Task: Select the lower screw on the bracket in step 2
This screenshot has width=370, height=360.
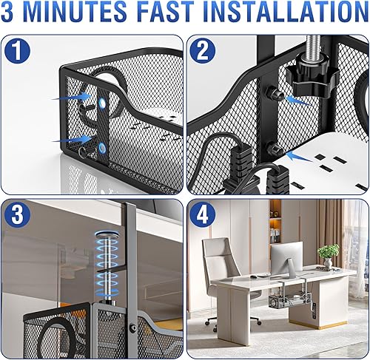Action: (275, 150)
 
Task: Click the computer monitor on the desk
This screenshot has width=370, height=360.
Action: (285, 259)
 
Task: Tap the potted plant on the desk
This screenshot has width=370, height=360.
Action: (326, 256)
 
